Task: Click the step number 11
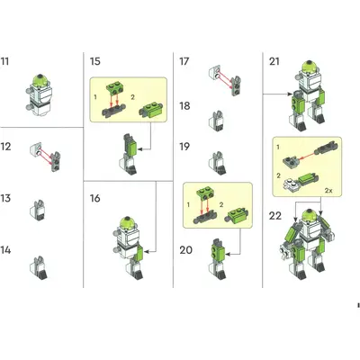[x=4, y=61]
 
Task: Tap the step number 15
[x=95, y=61]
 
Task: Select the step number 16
[x=95, y=198]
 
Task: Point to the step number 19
[x=184, y=147]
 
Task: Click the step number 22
[x=275, y=216]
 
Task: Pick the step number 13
[x=5, y=198]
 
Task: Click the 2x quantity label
[x=328, y=190]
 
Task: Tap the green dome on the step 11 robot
[x=40, y=80]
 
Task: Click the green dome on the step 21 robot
[x=310, y=67]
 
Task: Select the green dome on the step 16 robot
[x=128, y=222]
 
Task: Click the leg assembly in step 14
[x=39, y=268]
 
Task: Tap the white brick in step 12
[x=36, y=148]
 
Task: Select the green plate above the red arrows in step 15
[x=114, y=89]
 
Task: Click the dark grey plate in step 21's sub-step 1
[x=291, y=162]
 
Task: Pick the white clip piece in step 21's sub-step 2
[x=291, y=184]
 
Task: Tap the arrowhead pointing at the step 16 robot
[x=146, y=251]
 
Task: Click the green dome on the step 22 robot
[x=310, y=216]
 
